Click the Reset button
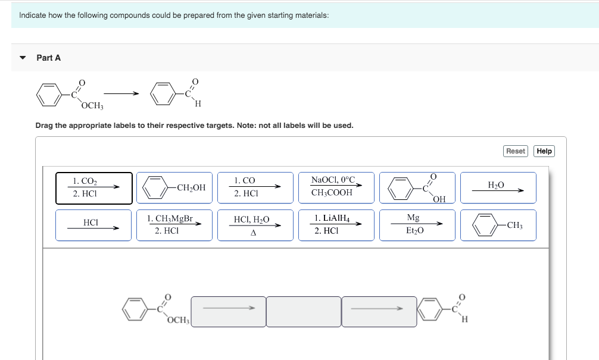tap(516, 151)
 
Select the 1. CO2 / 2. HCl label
tap(94, 188)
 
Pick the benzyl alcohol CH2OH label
tap(174, 188)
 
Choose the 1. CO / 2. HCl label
tap(255, 188)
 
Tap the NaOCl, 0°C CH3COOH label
tap(336, 188)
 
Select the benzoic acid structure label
tap(417, 188)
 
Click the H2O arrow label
tap(498, 188)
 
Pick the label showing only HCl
tap(94, 225)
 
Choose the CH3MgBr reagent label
tap(174, 225)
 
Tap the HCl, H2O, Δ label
tap(255, 225)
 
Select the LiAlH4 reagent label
tap(336, 225)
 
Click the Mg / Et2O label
tap(417, 225)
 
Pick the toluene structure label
tap(498, 225)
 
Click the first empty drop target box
tap(228, 311)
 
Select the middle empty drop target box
tap(304, 311)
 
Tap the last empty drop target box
tap(379, 311)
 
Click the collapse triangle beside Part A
tap(23, 58)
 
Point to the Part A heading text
tap(49, 58)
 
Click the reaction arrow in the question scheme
tap(122, 93)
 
